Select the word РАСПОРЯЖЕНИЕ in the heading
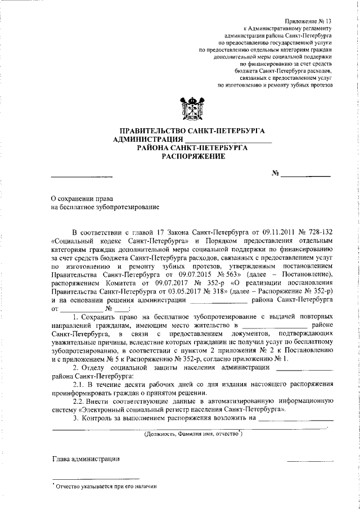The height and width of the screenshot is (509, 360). (x=193, y=156)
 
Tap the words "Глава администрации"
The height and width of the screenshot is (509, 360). (x=85, y=459)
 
